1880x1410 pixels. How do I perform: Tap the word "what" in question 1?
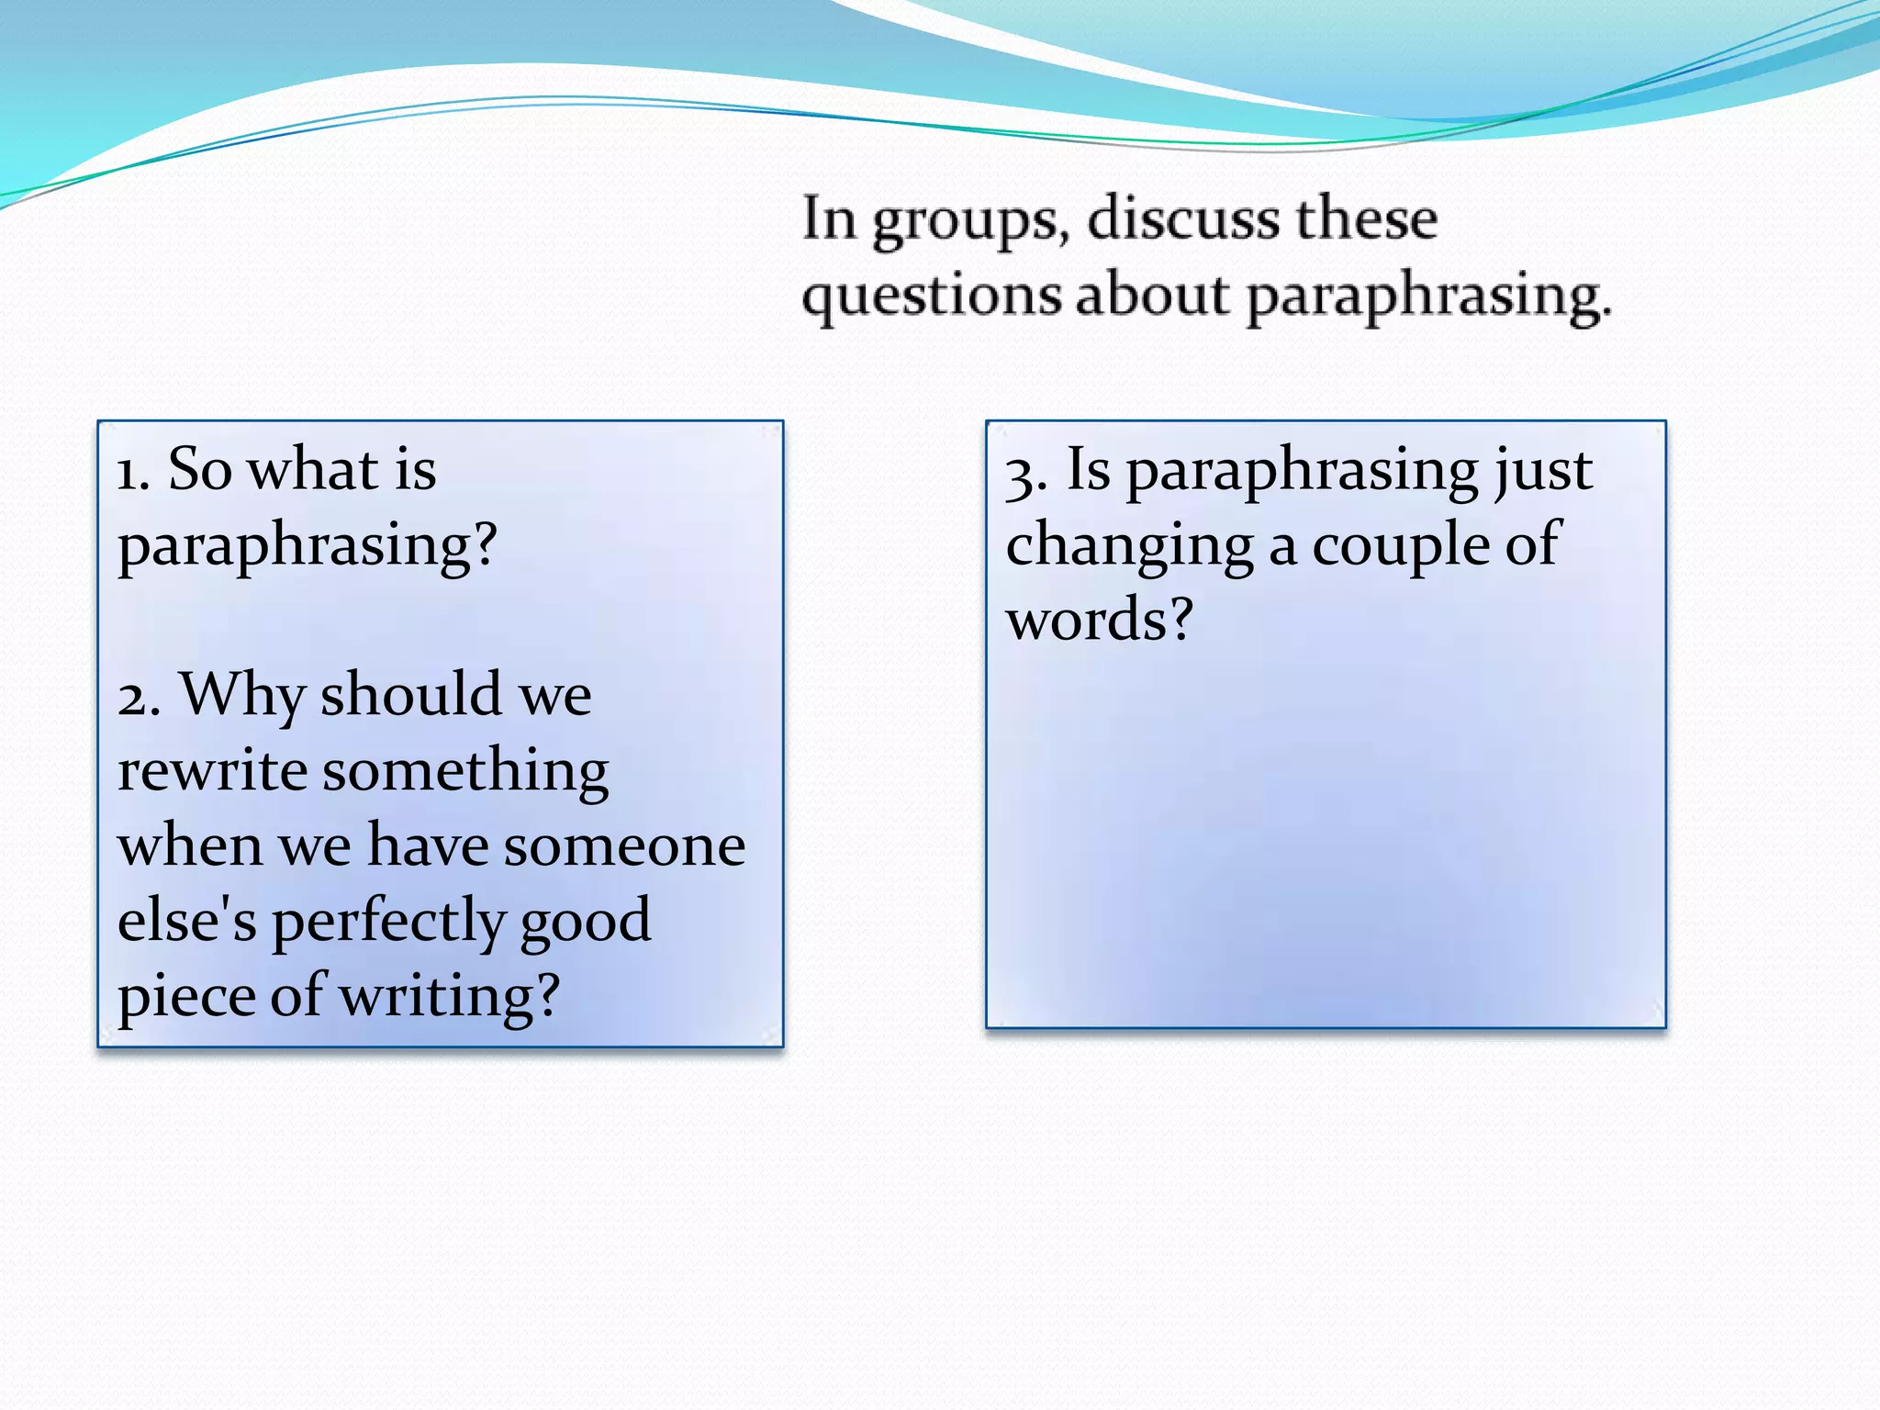click(313, 469)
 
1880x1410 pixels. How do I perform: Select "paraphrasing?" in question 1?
click(308, 546)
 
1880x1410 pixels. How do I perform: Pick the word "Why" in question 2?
click(242, 696)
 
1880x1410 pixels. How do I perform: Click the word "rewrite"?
click(213, 770)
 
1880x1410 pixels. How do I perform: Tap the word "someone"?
click(624, 845)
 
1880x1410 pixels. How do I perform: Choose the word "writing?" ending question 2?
click(449, 997)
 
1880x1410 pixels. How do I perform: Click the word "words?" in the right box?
click(1099, 620)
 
